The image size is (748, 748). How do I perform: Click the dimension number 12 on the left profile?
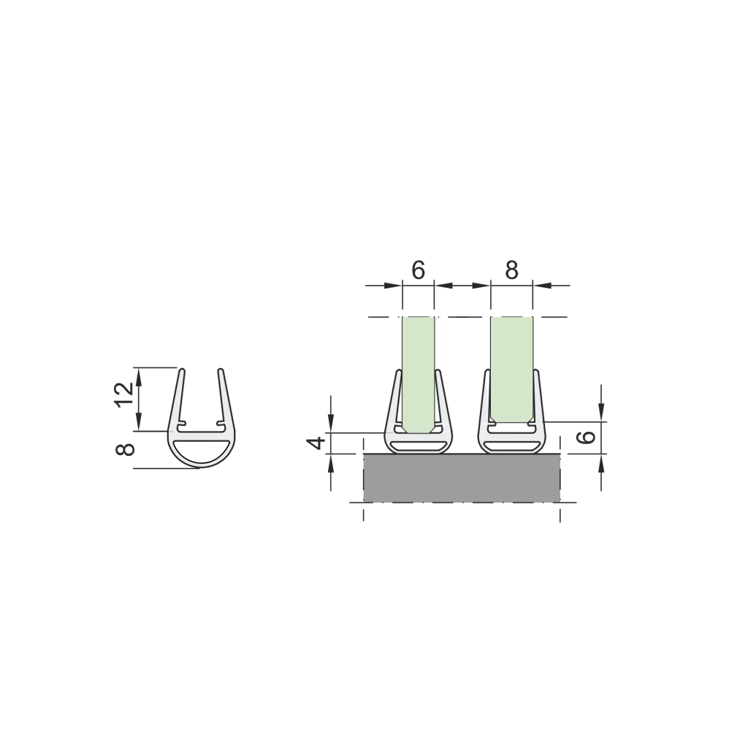tap(124, 394)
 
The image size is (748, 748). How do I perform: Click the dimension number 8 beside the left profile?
tap(125, 449)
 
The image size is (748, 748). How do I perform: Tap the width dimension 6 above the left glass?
tap(417, 270)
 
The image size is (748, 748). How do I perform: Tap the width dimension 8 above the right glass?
tap(511, 270)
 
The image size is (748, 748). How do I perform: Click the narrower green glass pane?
tap(419, 373)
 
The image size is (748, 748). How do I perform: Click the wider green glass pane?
tap(512, 369)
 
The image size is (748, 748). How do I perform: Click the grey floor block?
tap(462, 478)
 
